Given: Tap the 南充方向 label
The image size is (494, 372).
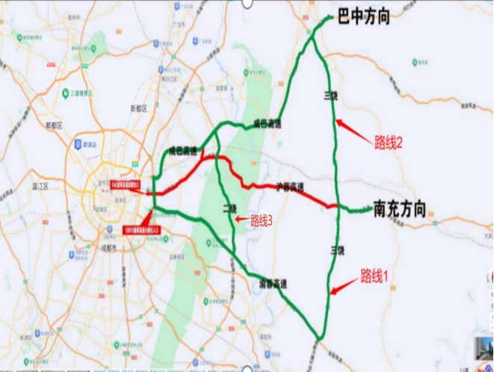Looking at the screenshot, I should coord(399,208).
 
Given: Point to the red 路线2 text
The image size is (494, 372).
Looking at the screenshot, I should coord(388,143).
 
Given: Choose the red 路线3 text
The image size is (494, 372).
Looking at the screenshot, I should coord(261,220).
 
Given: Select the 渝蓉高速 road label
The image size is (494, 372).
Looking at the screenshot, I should coord(274,283).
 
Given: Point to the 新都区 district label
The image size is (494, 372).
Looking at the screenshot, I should coord(138,108).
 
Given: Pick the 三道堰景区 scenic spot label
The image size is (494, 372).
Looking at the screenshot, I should coord(80,93).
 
